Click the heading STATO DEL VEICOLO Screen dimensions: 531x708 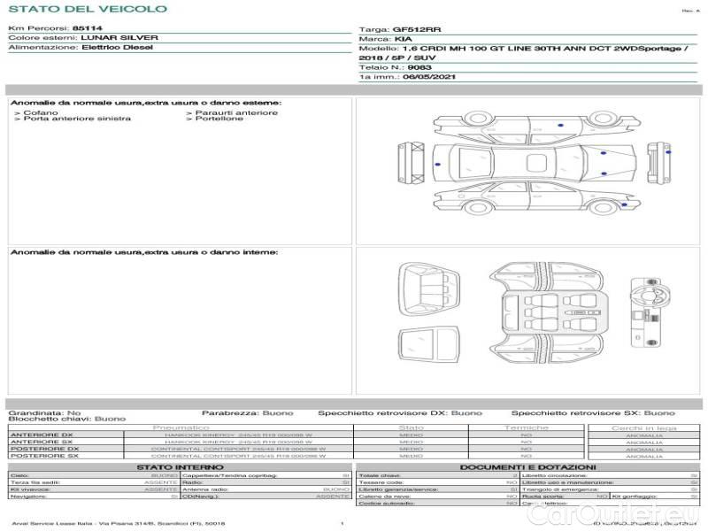coord(87,9)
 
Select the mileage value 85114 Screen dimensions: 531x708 coord(87,28)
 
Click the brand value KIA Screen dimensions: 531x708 coord(403,39)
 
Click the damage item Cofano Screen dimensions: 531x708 coord(41,112)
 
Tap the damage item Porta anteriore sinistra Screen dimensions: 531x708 coord(77,119)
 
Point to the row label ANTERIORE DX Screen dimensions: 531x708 coord(42,435)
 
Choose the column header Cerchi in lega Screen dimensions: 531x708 coord(643,427)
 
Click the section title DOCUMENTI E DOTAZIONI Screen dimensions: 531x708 coord(527,466)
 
